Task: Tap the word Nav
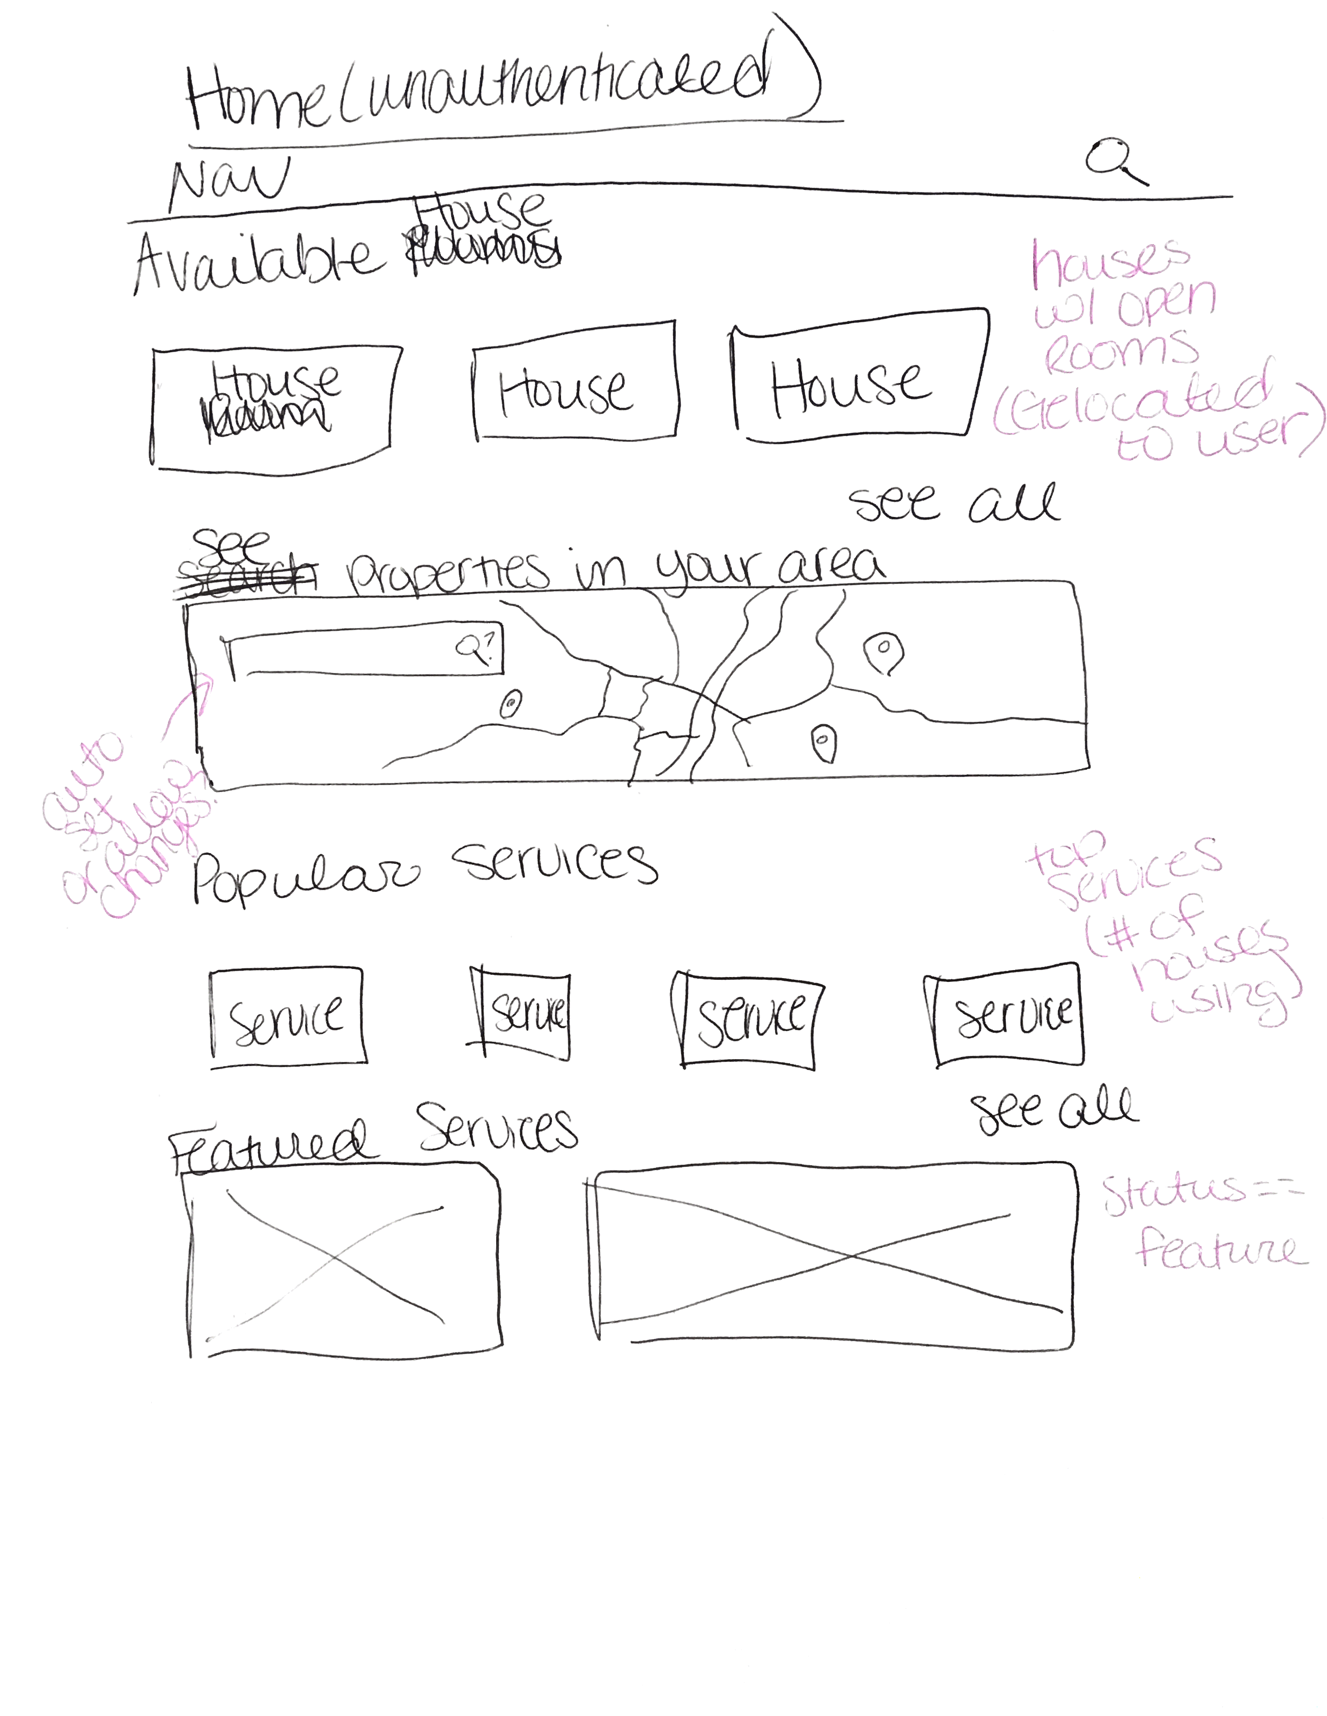(228, 183)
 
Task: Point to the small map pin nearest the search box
(511, 703)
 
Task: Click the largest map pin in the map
(883, 652)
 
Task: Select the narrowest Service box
(522, 1013)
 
